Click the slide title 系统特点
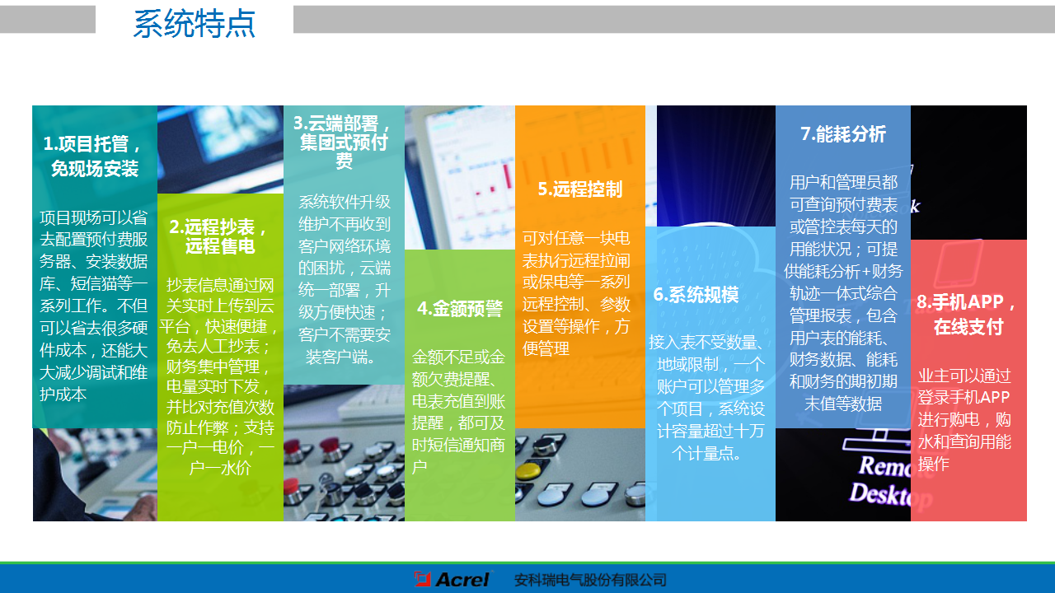tap(194, 25)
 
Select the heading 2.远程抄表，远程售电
tap(219, 236)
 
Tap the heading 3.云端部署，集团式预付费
tap(344, 142)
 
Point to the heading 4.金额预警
tap(459, 309)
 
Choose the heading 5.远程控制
tap(579, 189)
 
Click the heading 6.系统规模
tap(696, 295)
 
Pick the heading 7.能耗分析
tap(842, 134)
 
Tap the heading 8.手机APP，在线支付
tap(968, 315)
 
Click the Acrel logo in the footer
tap(452, 579)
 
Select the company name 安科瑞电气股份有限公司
tap(589, 580)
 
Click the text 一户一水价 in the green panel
tap(220, 469)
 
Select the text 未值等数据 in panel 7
tap(842, 404)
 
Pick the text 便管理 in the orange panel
tap(546, 348)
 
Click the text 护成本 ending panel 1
tap(63, 394)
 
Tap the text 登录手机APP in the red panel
tap(964, 398)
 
